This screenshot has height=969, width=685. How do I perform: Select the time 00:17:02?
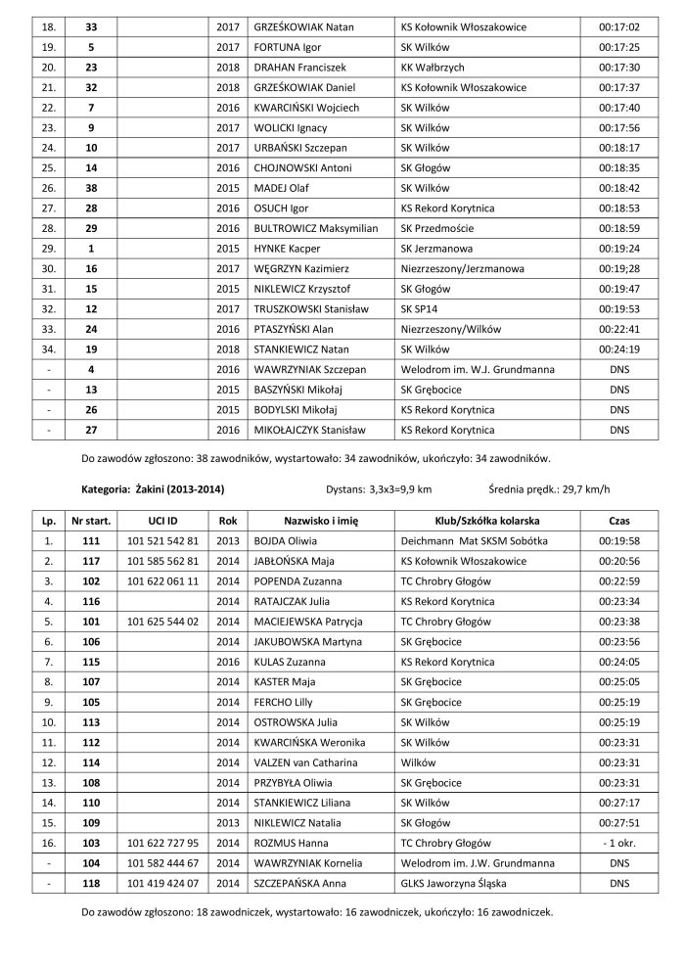point(618,25)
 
